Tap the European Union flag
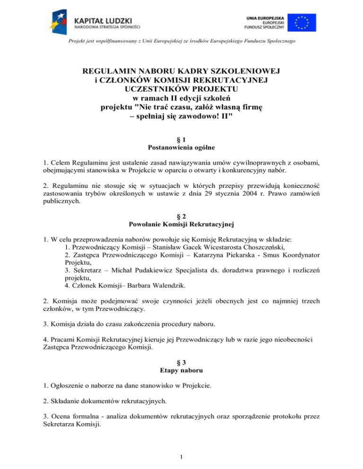(x=304, y=22)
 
